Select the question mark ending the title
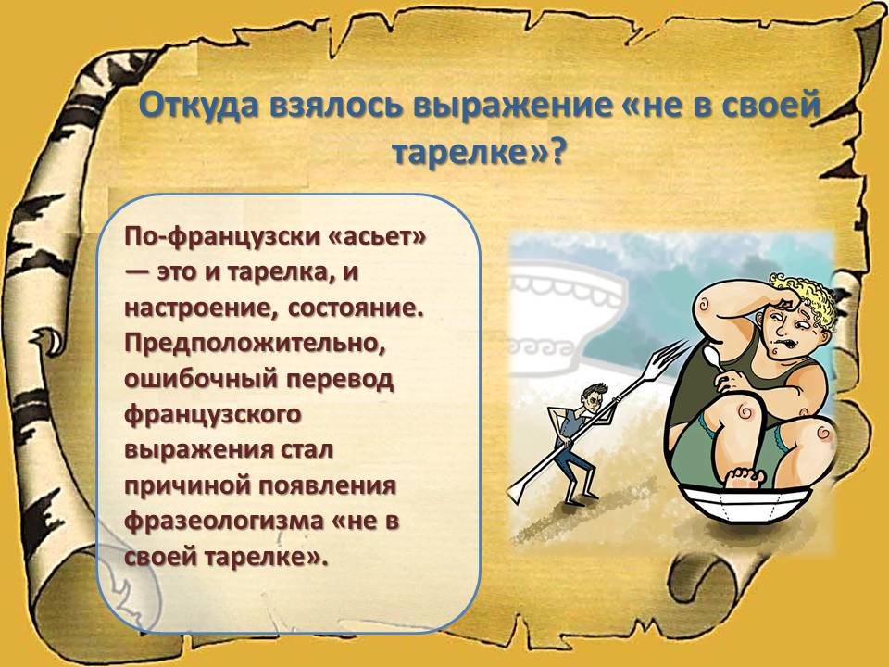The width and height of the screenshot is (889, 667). coord(557,153)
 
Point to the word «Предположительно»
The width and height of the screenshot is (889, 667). coord(255,345)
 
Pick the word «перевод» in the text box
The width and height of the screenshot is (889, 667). coord(339,380)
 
